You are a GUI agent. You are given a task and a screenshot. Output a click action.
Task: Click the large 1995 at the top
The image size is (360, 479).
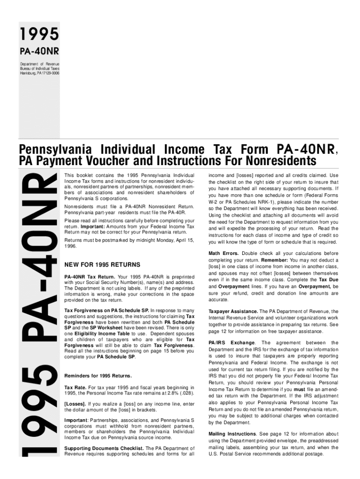pyautogui.click(x=39, y=34)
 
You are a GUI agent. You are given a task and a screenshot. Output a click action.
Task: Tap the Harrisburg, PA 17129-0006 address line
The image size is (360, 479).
pyautogui.click(x=39, y=73)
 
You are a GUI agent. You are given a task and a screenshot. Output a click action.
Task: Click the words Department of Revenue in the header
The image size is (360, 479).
pyautogui.click(x=39, y=64)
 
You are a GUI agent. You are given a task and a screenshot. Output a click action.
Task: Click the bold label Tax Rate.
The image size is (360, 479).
pyautogui.click(x=75, y=387)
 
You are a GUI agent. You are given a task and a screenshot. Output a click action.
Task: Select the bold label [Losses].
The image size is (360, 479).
pyautogui.click(x=75, y=403)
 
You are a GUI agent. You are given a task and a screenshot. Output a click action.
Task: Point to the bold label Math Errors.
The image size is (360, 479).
pyautogui.click(x=223, y=254)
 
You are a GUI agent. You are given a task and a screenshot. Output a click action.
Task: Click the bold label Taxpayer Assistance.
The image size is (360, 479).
pyautogui.click(x=233, y=311)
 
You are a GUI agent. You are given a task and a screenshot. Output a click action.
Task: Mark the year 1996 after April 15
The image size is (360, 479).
pyautogui.click(x=70, y=246)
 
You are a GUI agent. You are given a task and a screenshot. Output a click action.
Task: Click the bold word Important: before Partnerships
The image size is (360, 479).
pyautogui.click(x=76, y=420)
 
